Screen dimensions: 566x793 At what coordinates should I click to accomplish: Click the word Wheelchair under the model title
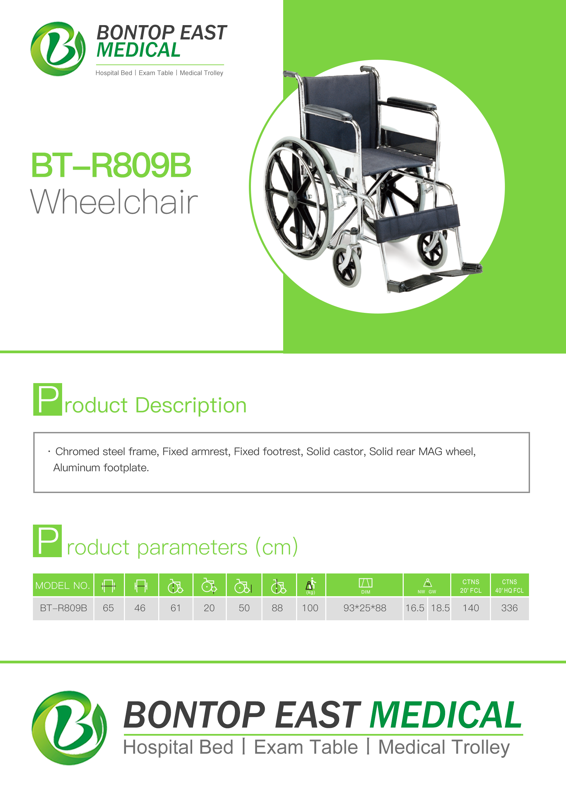(x=114, y=202)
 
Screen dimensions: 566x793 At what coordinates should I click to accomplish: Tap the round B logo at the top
(x=58, y=49)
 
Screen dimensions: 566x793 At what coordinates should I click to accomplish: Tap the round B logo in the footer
(x=69, y=728)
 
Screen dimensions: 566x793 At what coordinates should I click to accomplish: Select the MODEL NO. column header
(x=63, y=585)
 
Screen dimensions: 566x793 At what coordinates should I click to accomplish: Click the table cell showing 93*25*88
(x=365, y=608)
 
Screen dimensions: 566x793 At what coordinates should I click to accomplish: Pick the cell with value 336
(x=510, y=608)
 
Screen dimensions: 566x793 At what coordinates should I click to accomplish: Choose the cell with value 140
(x=471, y=608)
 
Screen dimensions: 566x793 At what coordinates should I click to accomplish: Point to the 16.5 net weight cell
(x=415, y=608)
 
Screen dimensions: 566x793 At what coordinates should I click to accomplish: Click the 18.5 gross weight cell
(x=440, y=608)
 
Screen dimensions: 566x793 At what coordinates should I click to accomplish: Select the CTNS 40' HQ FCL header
(x=510, y=586)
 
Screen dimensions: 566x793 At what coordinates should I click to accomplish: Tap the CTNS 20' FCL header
(x=471, y=586)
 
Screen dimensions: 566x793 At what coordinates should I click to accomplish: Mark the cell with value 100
(x=310, y=608)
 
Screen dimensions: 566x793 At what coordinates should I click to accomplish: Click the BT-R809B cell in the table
(x=63, y=608)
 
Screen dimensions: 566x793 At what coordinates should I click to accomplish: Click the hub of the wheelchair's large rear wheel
(x=292, y=200)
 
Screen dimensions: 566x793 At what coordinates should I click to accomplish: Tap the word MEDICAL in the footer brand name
(x=445, y=715)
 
